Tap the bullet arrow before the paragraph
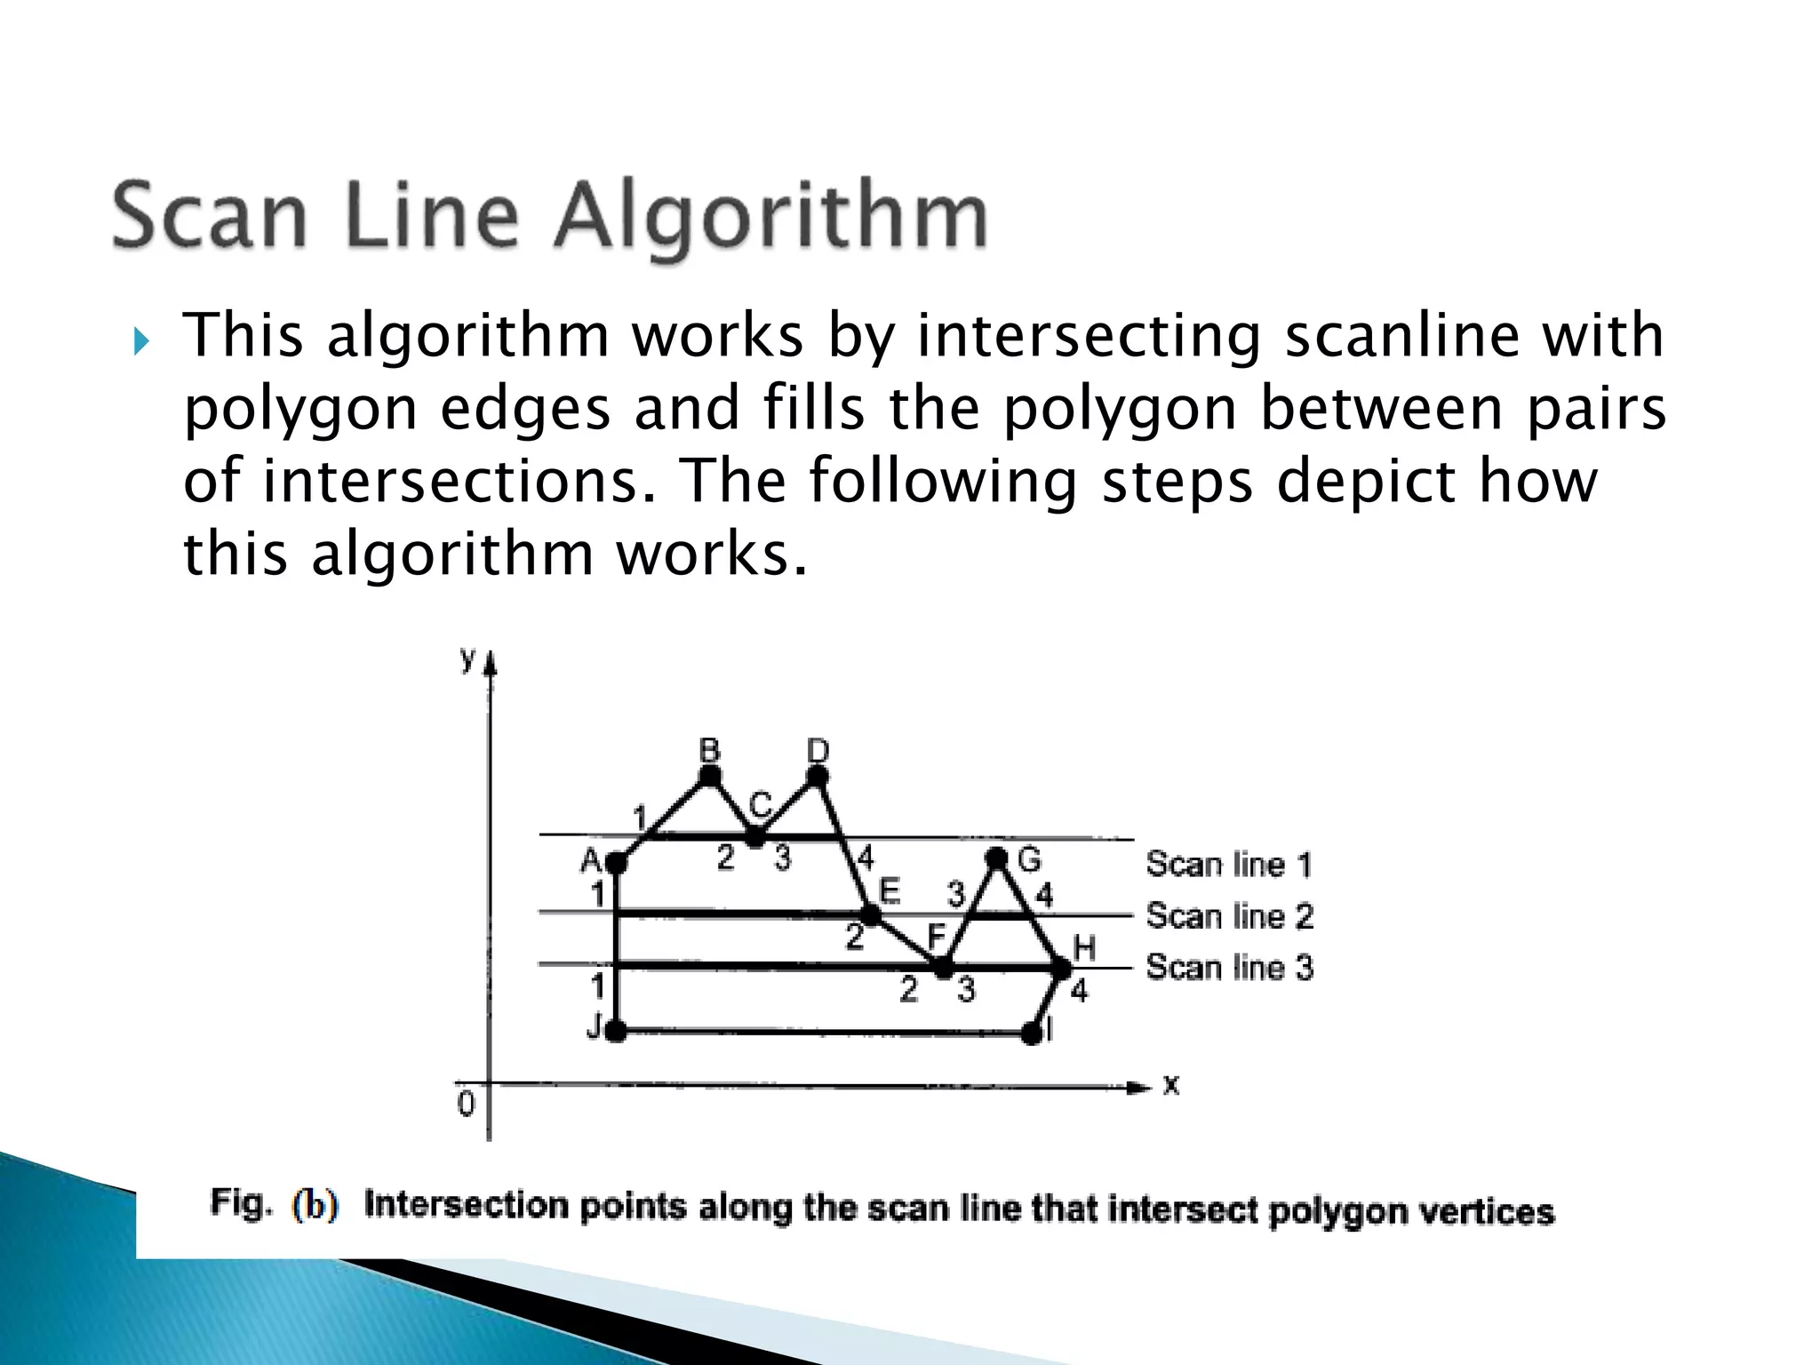(x=141, y=340)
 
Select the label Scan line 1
(x=1228, y=864)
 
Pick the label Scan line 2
(x=1229, y=916)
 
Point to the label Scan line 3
(x=1229, y=967)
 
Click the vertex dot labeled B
(x=709, y=777)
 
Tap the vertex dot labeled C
(x=755, y=836)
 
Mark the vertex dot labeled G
(x=997, y=858)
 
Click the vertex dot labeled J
(x=616, y=1032)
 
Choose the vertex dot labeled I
(x=1031, y=1034)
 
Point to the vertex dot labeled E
(x=870, y=914)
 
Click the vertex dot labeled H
(x=1061, y=968)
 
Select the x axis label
(x=1171, y=1085)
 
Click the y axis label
(x=467, y=659)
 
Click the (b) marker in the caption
(x=315, y=1204)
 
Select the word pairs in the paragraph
(x=1596, y=409)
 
